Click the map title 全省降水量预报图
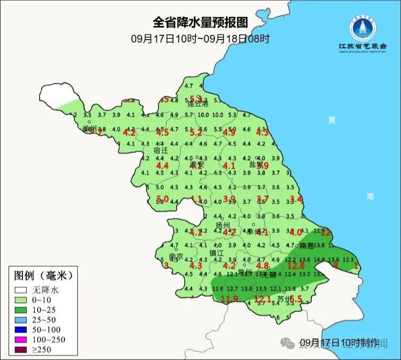(200, 22)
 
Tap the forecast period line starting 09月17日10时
(200, 39)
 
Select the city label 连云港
(198, 104)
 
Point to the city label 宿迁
(161, 150)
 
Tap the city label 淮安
(197, 165)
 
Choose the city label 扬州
(223, 225)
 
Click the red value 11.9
(229, 299)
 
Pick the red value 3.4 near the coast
(296, 199)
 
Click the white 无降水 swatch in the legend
(21, 290)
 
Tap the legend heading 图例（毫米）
(43, 275)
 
